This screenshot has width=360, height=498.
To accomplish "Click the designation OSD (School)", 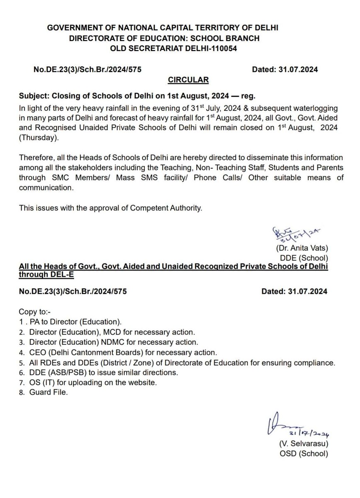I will click(304, 454).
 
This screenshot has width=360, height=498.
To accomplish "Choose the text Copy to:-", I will click(34, 311).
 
